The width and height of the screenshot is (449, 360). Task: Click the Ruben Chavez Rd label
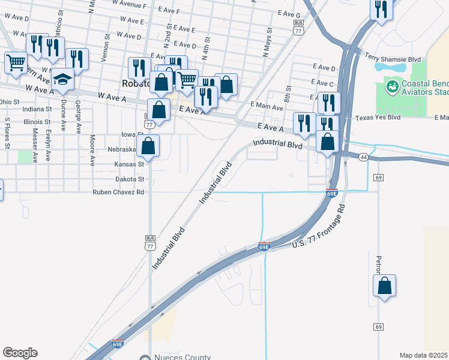tap(118, 193)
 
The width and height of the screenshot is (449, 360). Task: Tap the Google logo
tap(20, 353)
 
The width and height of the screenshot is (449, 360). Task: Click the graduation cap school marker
tap(62, 78)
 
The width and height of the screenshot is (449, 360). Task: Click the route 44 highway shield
tap(363, 157)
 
